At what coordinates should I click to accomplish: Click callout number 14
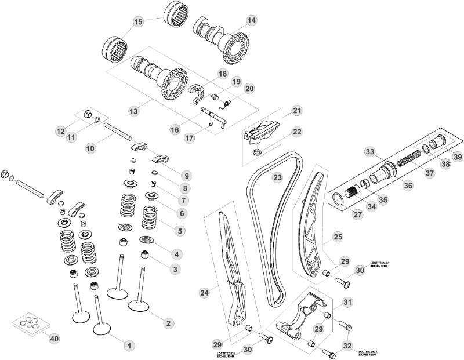pyautogui.click(x=251, y=20)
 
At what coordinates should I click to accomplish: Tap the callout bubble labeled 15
pyautogui.click(x=138, y=22)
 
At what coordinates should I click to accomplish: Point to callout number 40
pyautogui.click(x=54, y=338)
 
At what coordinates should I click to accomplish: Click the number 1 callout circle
pyautogui.click(x=129, y=345)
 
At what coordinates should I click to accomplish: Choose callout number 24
pyautogui.click(x=204, y=294)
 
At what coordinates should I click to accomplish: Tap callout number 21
pyautogui.click(x=297, y=111)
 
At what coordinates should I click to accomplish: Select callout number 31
pyautogui.click(x=347, y=302)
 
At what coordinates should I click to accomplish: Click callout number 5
pyautogui.click(x=180, y=230)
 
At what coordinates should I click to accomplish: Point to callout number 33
pyautogui.click(x=369, y=152)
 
